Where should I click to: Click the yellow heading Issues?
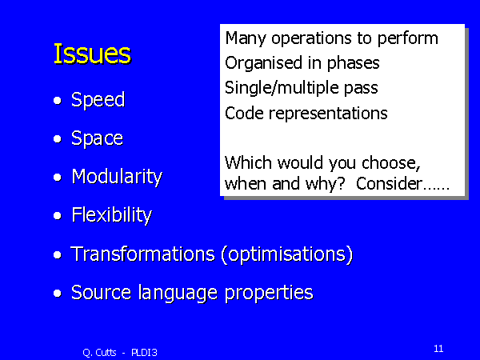(x=93, y=54)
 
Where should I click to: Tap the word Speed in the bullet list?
(x=98, y=100)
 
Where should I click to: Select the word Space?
(x=97, y=138)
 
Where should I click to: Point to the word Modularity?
(x=117, y=177)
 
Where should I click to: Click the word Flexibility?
(x=111, y=215)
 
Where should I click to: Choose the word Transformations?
(x=143, y=254)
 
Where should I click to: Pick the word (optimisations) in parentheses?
(x=287, y=254)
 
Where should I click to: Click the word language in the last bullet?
(x=178, y=293)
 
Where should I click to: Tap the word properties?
(x=269, y=293)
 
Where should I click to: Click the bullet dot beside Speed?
(x=58, y=101)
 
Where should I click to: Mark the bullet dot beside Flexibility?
(x=58, y=216)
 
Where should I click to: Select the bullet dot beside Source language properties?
(x=58, y=294)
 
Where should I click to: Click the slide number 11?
(x=438, y=348)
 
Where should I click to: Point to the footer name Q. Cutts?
(x=99, y=353)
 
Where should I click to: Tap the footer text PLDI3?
(x=144, y=353)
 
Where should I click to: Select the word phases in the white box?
(x=354, y=64)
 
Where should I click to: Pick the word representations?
(x=328, y=114)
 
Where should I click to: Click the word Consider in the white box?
(x=389, y=184)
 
